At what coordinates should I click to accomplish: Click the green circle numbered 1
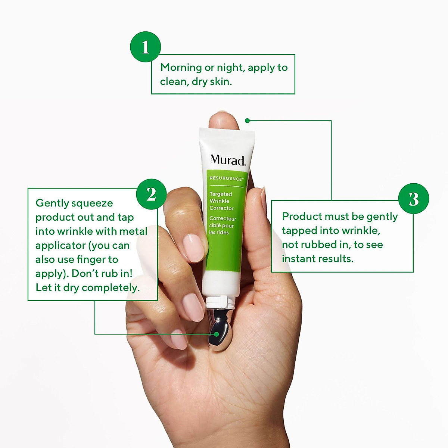pos(145,47)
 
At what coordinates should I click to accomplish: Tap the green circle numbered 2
pos(151,194)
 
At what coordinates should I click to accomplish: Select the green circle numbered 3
pos(413,199)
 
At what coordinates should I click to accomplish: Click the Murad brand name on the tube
pos(227,160)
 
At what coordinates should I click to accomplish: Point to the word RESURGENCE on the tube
pos(226,178)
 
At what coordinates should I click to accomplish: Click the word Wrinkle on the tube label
pos(220,201)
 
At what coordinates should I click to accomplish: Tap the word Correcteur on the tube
pos(223,218)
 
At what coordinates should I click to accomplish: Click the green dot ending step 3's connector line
pos(247,121)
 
